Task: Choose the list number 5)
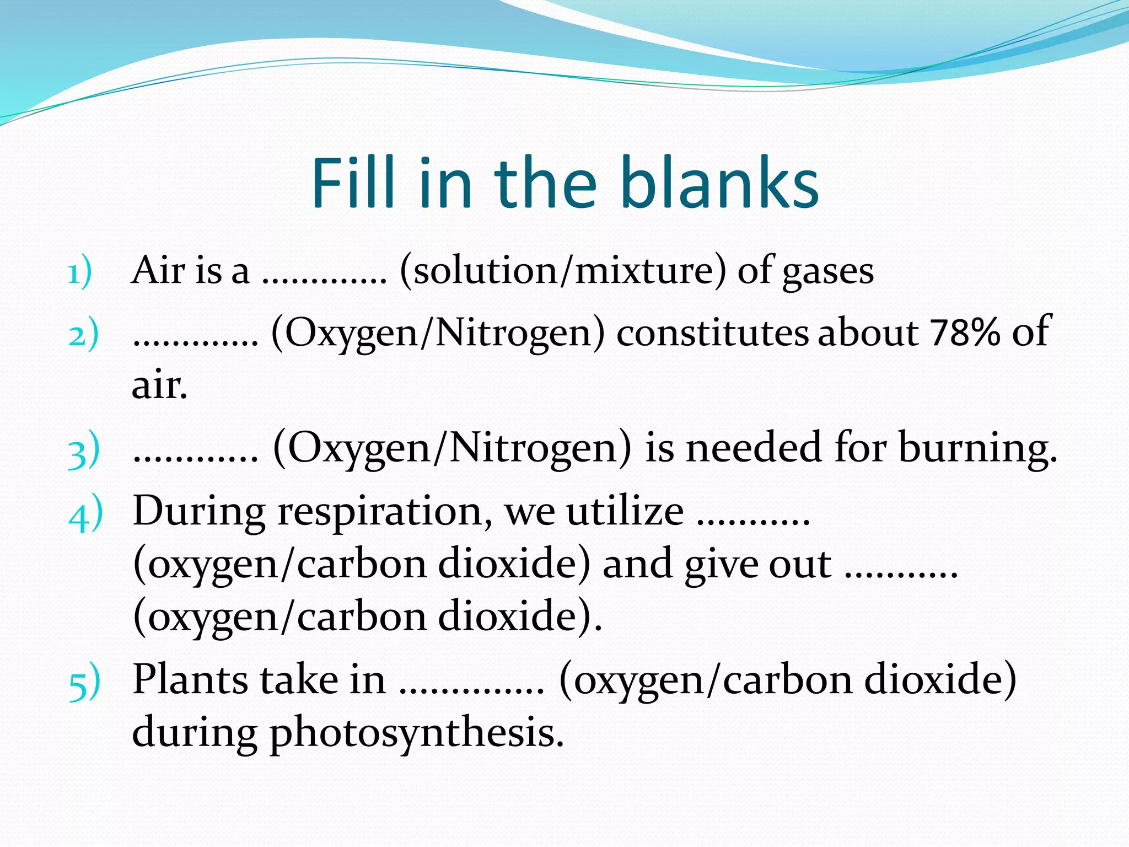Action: click(85, 683)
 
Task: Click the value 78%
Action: click(964, 333)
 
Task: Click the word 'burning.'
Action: click(978, 448)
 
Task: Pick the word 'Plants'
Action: click(190, 679)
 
